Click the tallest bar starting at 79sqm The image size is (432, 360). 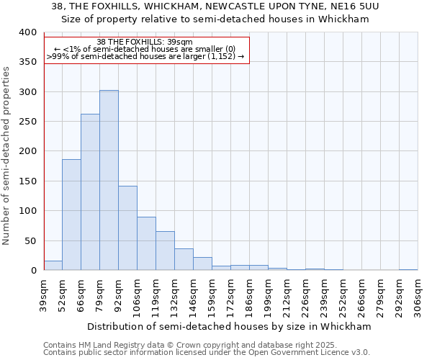click(x=109, y=180)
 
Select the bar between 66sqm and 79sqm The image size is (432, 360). click(x=90, y=192)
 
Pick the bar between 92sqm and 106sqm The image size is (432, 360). click(x=127, y=228)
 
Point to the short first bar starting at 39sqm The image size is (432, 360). click(x=53, y=266)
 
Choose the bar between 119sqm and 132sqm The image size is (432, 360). click(x=165, y=251)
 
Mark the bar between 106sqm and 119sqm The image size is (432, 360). click(x=146, y=243)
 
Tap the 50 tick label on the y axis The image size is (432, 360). click(x=30, y=240)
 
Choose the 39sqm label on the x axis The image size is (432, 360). click(x=43, y=295)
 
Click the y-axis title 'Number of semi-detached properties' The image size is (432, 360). click(x=6, y=155)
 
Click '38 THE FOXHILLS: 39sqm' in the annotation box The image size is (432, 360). click(x=145, y=42)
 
